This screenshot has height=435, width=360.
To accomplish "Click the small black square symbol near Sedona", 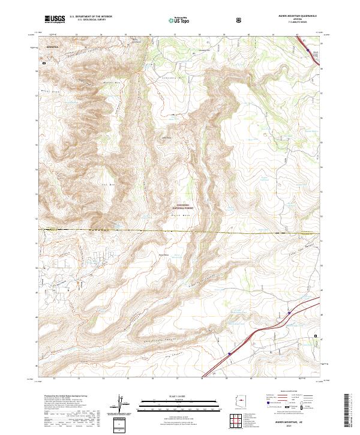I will tap(44, 61).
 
